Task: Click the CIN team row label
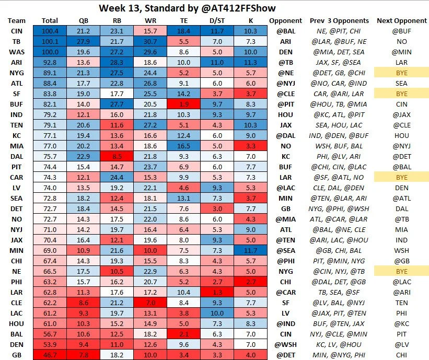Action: click(x=16, y=31)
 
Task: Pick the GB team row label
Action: click(x=16, y=355)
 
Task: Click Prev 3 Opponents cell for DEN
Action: click(x=339, y=345)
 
